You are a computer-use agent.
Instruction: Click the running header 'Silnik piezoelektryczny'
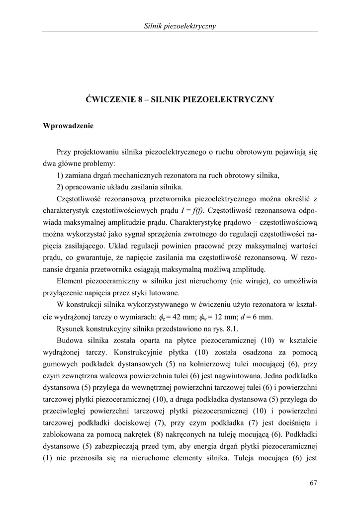[180, 26]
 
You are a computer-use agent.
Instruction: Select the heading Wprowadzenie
[68, 126]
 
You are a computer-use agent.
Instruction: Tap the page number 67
[313, 482]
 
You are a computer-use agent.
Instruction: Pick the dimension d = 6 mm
[260, 318]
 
